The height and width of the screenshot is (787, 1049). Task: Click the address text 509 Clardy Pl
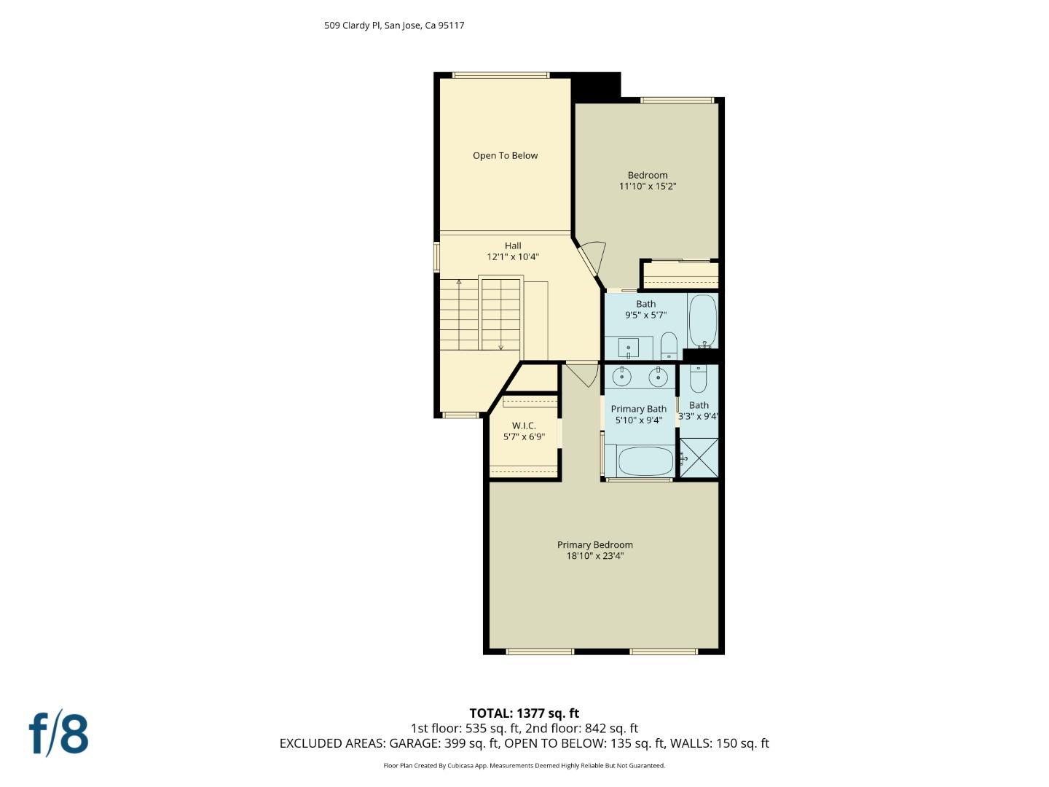[x=353, y=26]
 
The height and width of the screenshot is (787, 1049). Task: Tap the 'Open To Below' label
[x=505, y=155]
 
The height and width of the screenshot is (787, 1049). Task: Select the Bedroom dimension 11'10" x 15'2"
[x=648, y=187]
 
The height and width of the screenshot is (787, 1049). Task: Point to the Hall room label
[x=513, y=246]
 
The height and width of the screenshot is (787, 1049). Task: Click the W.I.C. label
[x=524, y=426]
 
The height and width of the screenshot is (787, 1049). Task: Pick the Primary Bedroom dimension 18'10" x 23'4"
[x=595, y=556]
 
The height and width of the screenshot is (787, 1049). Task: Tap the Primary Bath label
[x=638, y=409]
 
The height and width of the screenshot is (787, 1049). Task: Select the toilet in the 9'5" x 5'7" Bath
[x=669, y=345]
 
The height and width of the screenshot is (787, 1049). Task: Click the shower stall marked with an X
[x=699, y=458]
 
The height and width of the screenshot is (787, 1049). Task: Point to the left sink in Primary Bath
[x=622, y=377]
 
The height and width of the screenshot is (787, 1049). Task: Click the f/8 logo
[x=59, y=734]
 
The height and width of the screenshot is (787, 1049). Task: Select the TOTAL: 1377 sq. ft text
[x=524, y=713]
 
